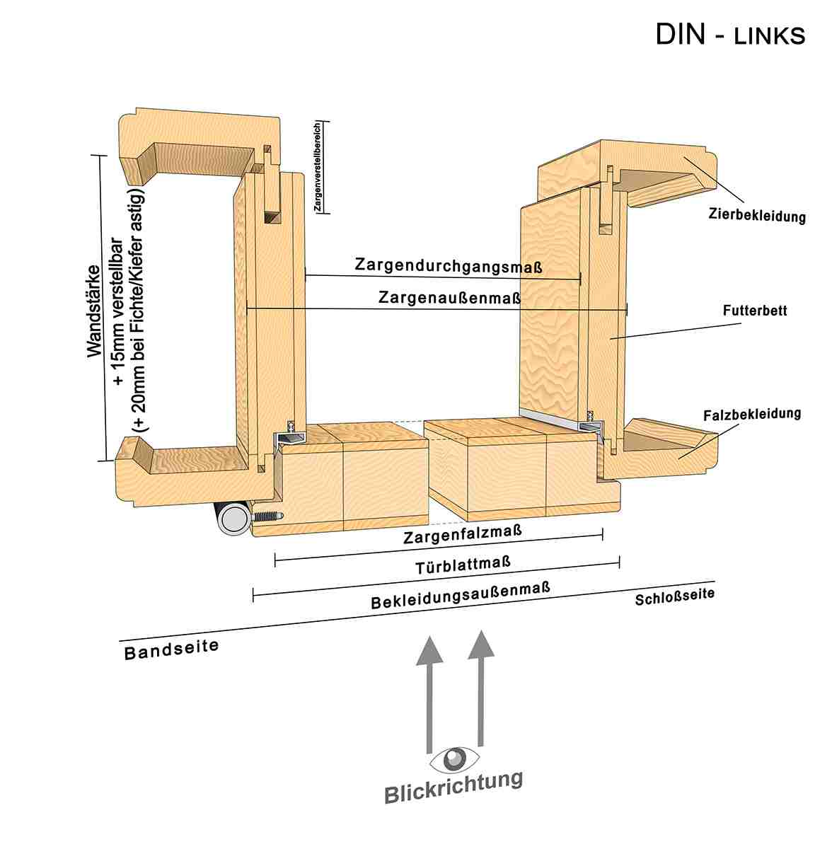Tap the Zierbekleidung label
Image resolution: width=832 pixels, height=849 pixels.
click(756, 215)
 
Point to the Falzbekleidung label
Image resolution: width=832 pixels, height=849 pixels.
click(752, 413)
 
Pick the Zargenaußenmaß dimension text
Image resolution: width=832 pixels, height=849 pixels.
click(449, 298)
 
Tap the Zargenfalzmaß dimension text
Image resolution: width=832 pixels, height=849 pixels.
click(463, 534)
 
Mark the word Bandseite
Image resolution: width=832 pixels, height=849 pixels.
click(171, 649)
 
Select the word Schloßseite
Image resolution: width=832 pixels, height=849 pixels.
click(674, 597)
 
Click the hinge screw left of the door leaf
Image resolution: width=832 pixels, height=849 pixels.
click(267, 518)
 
